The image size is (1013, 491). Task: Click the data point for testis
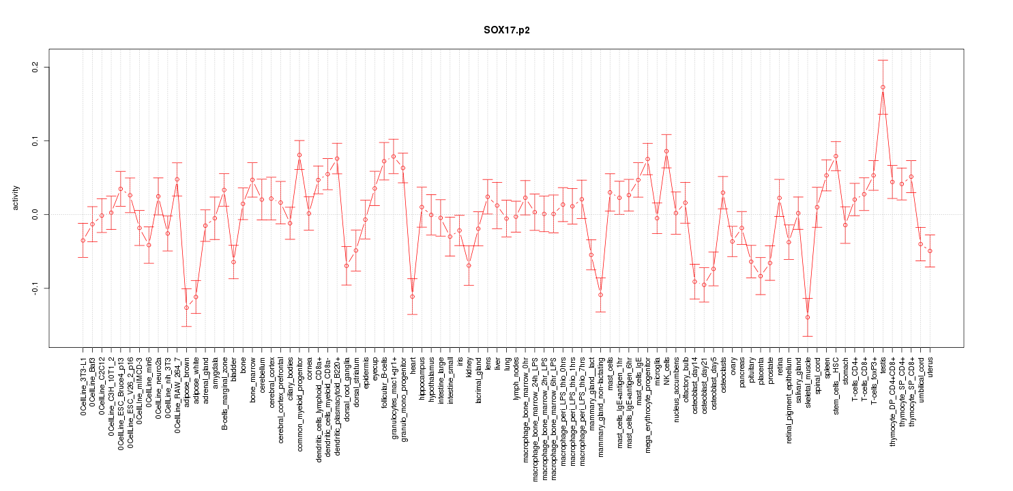click(x=883, y=87)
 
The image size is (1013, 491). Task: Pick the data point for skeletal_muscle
click(x=808, y=317)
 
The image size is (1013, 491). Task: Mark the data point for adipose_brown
click(x=186, y=308)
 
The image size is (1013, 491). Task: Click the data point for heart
click(x=412, y=297)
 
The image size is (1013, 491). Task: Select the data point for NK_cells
click(x=666, y=151)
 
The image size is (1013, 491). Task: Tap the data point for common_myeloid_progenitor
click(x=299, y=155)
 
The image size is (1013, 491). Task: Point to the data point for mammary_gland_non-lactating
click(x=600, y=295)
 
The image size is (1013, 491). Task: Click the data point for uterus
click(x=930, y=251)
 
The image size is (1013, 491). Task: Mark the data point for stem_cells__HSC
click(x=836, y=156)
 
